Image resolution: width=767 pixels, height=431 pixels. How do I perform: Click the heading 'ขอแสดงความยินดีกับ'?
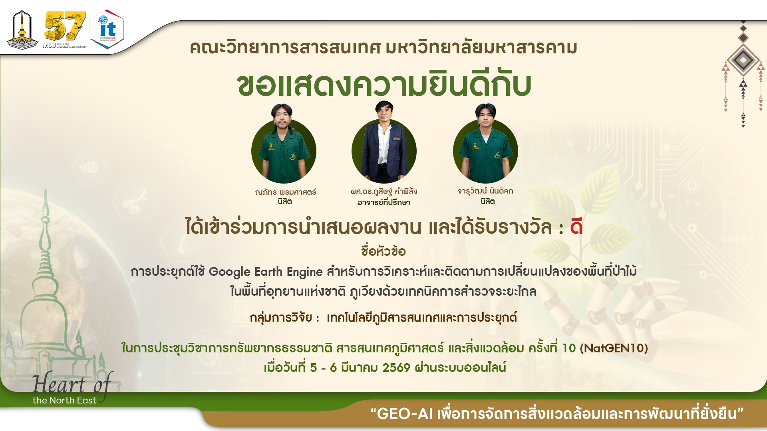click(384, 85)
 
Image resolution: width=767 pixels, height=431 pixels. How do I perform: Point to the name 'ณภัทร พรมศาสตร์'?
click(285, 192)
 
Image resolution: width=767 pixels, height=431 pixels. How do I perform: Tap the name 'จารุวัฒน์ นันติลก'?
click(485, 191)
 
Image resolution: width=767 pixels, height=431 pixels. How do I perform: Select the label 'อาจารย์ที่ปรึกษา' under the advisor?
click(384, 203)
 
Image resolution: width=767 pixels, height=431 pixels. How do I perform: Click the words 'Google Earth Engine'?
click(266, 272)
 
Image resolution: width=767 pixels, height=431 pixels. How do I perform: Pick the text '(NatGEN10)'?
click(614, 348)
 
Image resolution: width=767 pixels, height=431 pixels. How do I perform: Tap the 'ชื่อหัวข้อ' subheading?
click(383, 251)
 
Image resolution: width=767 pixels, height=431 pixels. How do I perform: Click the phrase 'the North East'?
click(64, 400)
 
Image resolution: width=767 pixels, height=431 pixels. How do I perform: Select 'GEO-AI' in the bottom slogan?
click(405, 414)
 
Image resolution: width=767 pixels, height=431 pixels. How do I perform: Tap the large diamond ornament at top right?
click(743, 60)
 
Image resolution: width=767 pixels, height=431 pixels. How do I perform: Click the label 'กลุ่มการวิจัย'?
click(281, 318)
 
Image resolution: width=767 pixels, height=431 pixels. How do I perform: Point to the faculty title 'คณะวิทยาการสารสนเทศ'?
click(285, 47)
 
